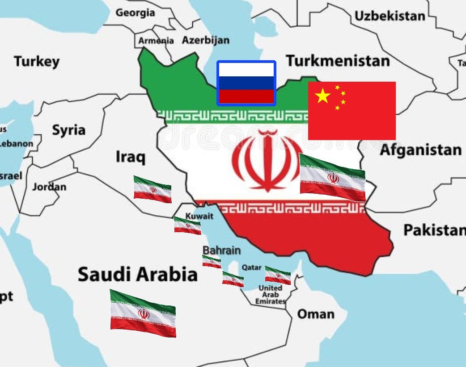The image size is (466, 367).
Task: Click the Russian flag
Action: pos(246,83)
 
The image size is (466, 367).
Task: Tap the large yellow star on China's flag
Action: pos(323,96)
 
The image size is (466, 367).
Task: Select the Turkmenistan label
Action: pos(338,61)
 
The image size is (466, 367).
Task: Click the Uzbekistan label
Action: pos(390,17)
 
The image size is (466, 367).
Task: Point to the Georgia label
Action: pos(136,13)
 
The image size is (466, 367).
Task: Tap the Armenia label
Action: pos(156,41)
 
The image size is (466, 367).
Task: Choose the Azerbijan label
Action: pos(206,40)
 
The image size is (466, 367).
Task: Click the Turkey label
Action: pos(37,61)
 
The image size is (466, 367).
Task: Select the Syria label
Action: pos(68,130)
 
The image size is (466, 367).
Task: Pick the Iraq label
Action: pos(131,157)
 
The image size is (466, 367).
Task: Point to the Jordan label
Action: pos(49,187)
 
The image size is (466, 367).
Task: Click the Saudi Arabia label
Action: pos(138,274)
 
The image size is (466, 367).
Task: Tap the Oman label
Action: pos(316,314)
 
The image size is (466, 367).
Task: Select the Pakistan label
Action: pos(434,230)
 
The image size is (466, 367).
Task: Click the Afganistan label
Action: pos(420,150)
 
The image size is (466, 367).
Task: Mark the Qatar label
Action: pos(252,267)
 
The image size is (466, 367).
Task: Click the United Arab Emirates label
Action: pos(271,295)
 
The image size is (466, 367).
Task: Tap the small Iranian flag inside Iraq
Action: pos(153,189)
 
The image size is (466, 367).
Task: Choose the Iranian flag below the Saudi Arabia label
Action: pos(143,313)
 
